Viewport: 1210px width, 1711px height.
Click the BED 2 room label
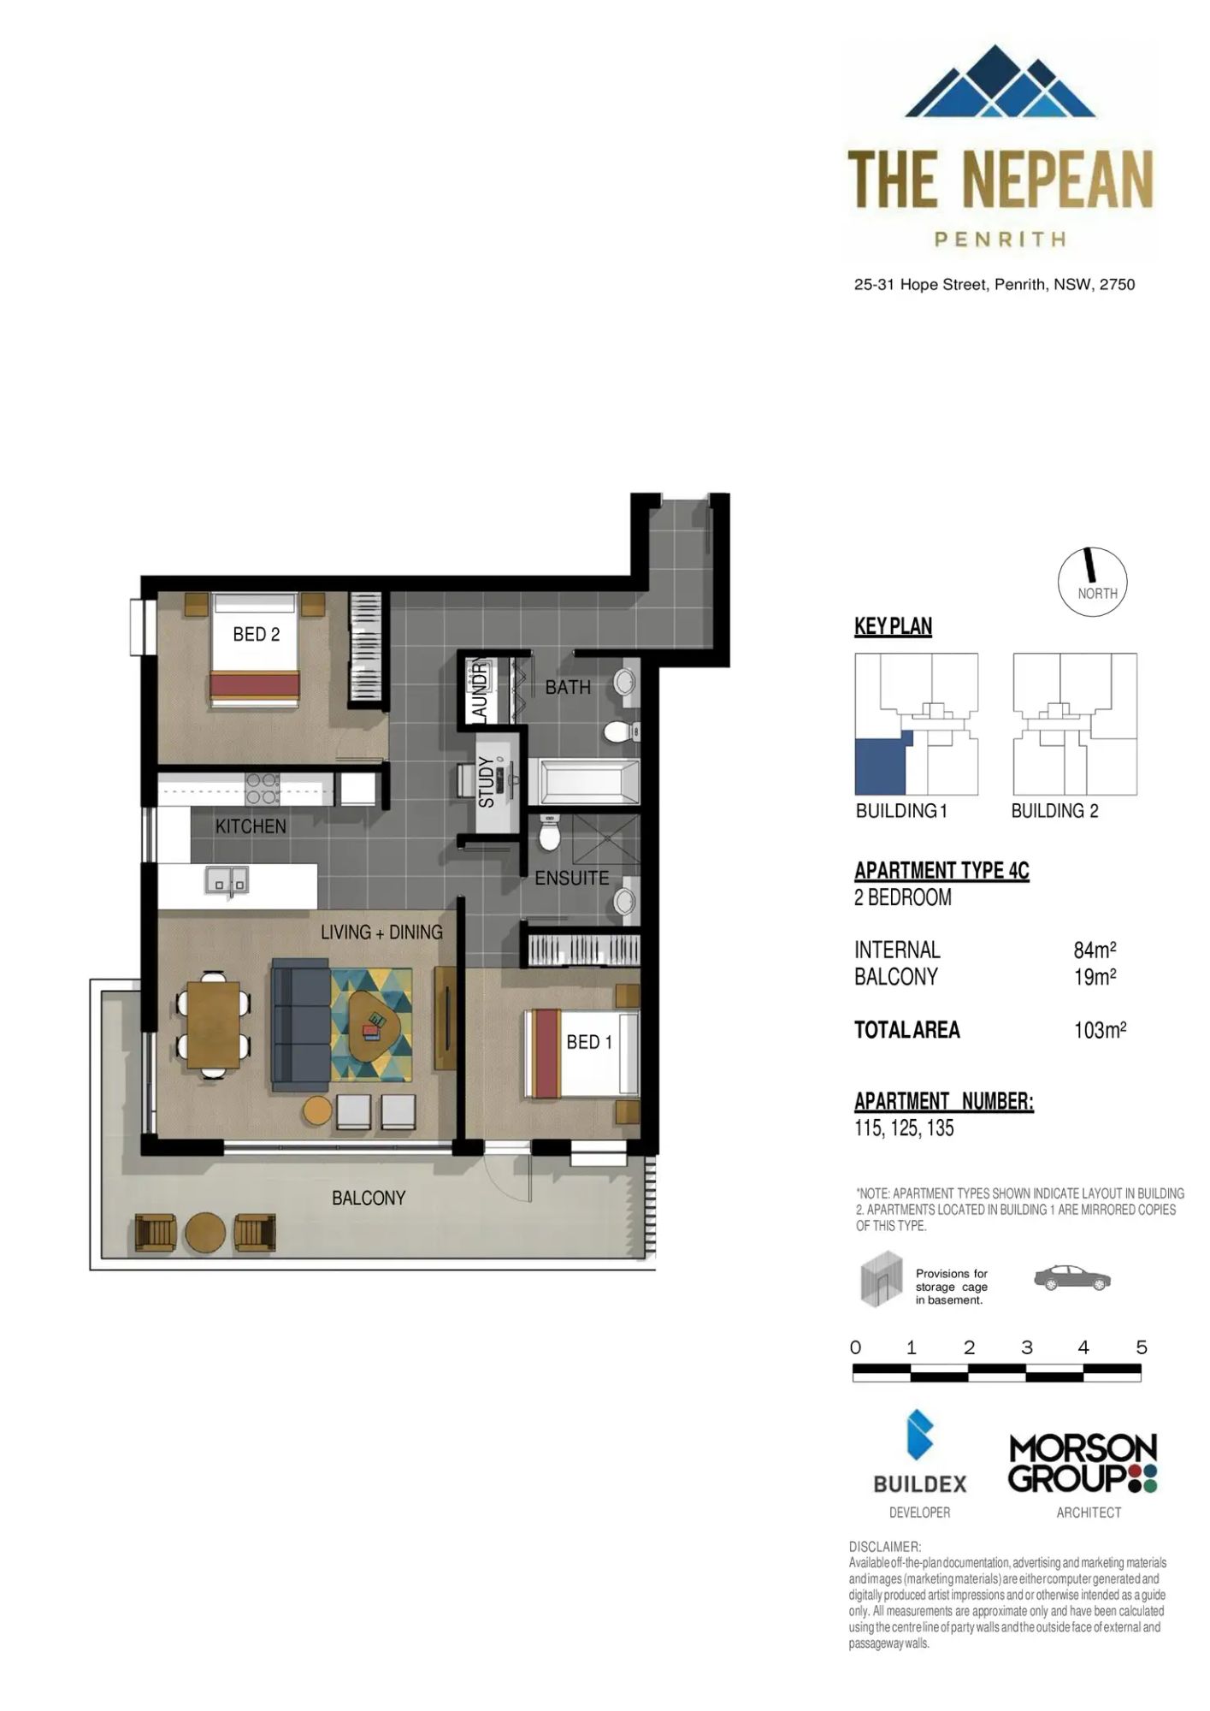coord(256,634)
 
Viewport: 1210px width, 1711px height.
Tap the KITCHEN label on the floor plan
coord(251,826)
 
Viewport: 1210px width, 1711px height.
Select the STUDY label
coord(487,781)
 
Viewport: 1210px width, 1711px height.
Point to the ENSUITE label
coord(572,878)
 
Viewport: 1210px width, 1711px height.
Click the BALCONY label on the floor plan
coord(369,1198)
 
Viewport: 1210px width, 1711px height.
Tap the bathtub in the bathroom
coord(589,782)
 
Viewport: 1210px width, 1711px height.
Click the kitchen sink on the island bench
coord(227,879)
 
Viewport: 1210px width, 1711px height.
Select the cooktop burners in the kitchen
coord(263,789)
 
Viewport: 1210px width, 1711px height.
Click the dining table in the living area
coord(214,1024)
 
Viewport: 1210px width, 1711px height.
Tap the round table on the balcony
coord(205,1233)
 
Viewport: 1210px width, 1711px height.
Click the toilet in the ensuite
coord(550,832)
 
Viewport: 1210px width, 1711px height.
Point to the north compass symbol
coord(1092,582)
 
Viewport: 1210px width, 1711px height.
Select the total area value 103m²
coord(1100,1030)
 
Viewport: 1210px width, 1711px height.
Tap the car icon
coord(1072,1278)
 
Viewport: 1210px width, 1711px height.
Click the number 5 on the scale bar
coord(1141,1347)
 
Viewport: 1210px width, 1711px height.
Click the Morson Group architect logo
coord(1083,1464)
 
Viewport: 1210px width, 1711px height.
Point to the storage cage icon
coord(882,1279)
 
